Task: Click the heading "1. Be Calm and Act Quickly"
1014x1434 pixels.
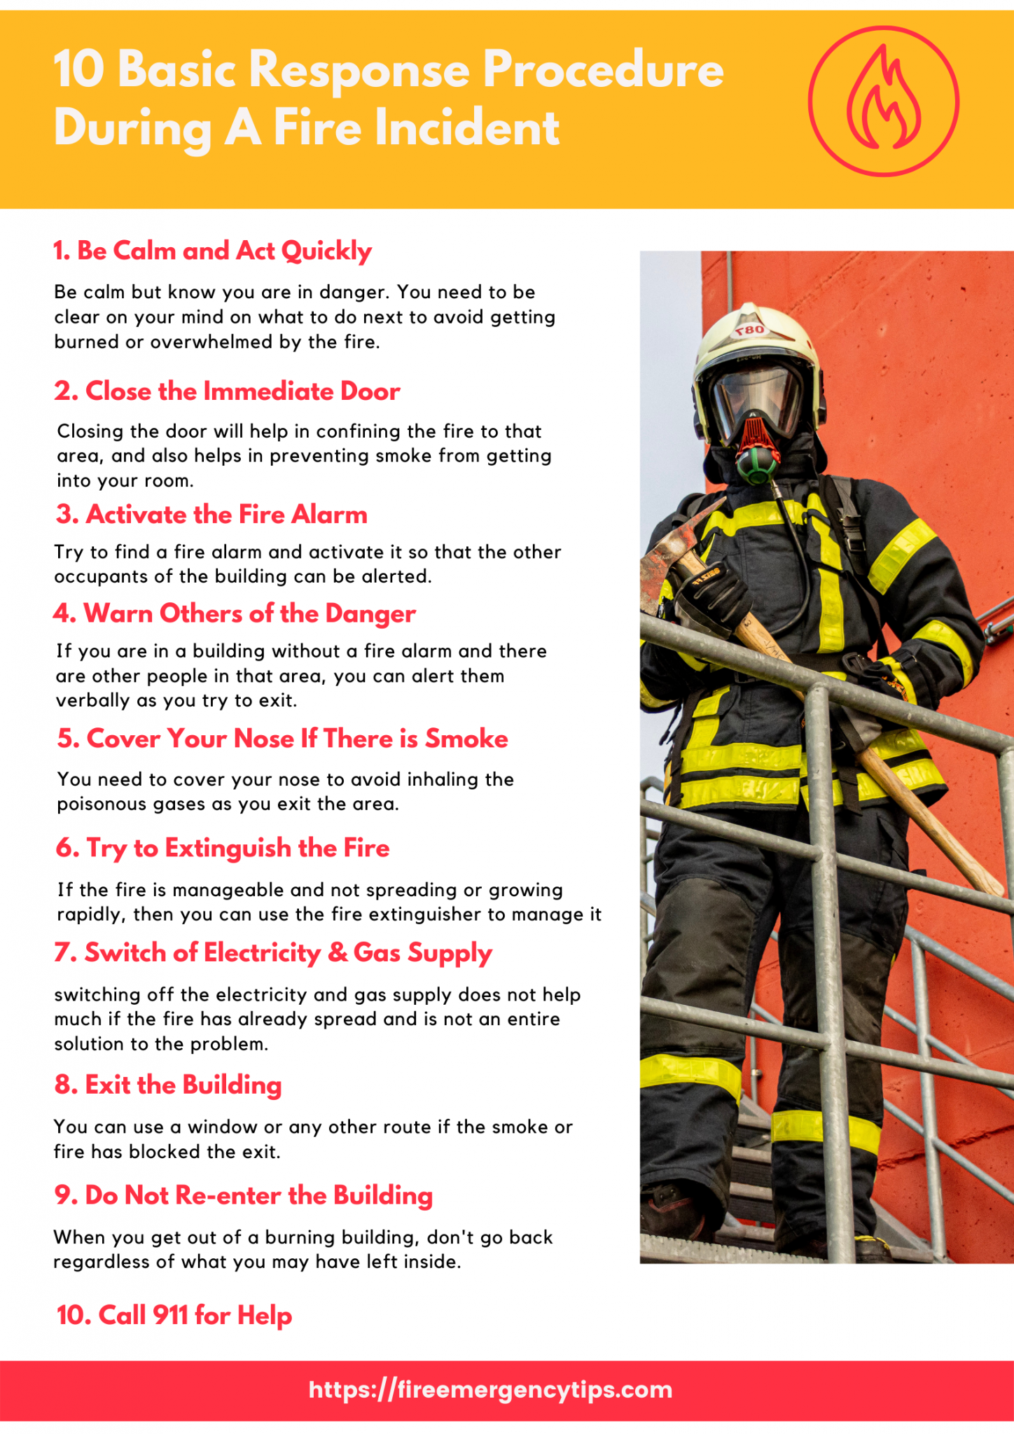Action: tap(212, 251)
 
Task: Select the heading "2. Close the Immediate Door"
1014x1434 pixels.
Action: tap(227, 391)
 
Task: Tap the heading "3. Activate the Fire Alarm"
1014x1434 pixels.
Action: tap(211, 514)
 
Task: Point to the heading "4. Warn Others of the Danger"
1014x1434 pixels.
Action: tap(235, 613)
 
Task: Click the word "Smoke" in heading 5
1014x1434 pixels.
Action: tap(466, 739)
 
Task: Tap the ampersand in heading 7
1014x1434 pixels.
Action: tap(338, 953)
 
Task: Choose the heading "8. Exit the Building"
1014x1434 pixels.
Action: tap(168, 1085)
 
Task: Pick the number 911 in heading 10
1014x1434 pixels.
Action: tap(170, 1315)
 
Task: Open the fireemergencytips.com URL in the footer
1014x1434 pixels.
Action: tap(490, 1389)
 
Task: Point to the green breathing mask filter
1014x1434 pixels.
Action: tap(757, 466)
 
